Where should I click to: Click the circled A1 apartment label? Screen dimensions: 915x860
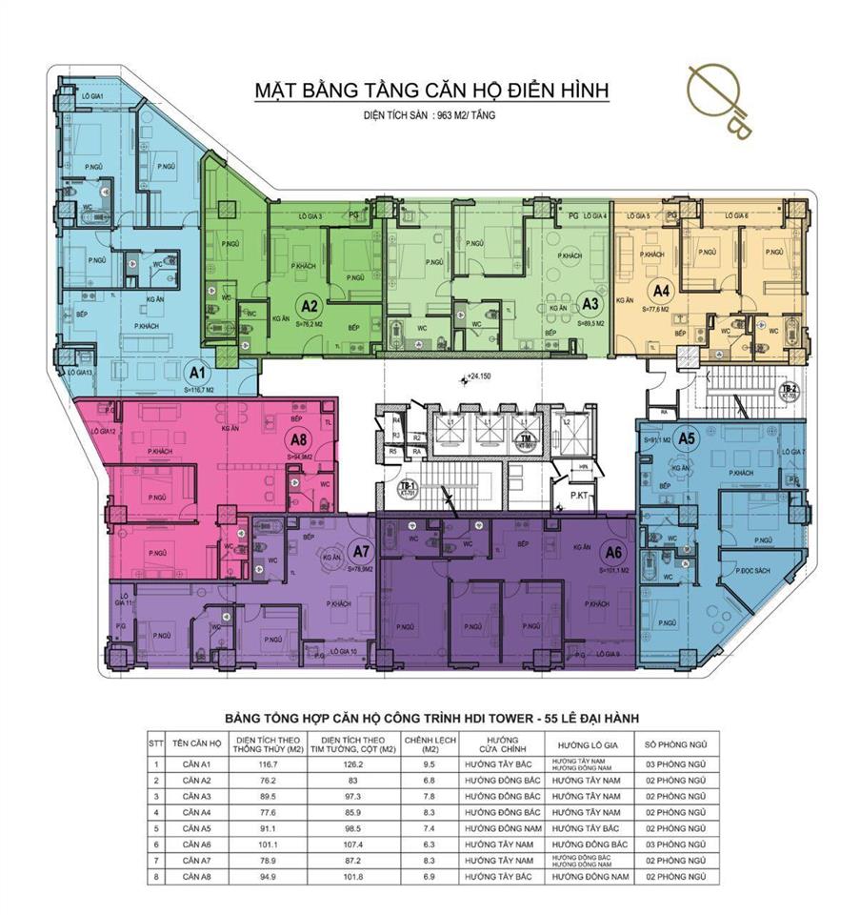197,370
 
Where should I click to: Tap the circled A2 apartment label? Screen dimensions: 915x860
309,306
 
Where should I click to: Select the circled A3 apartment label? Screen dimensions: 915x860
590,306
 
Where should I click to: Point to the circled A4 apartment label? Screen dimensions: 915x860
659,291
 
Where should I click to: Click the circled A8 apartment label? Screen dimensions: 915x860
300,440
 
